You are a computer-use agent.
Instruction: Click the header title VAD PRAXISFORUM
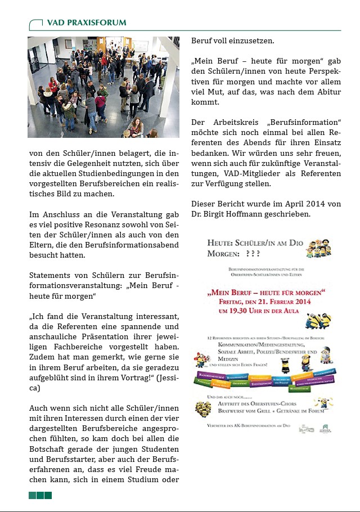coord(87,23)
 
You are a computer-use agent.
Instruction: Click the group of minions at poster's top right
coord(319,248)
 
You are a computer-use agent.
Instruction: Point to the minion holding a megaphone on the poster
coord(200,360)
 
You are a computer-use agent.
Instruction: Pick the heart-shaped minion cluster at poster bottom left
coord(202,408)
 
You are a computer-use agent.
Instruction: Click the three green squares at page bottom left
coord(40,495)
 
